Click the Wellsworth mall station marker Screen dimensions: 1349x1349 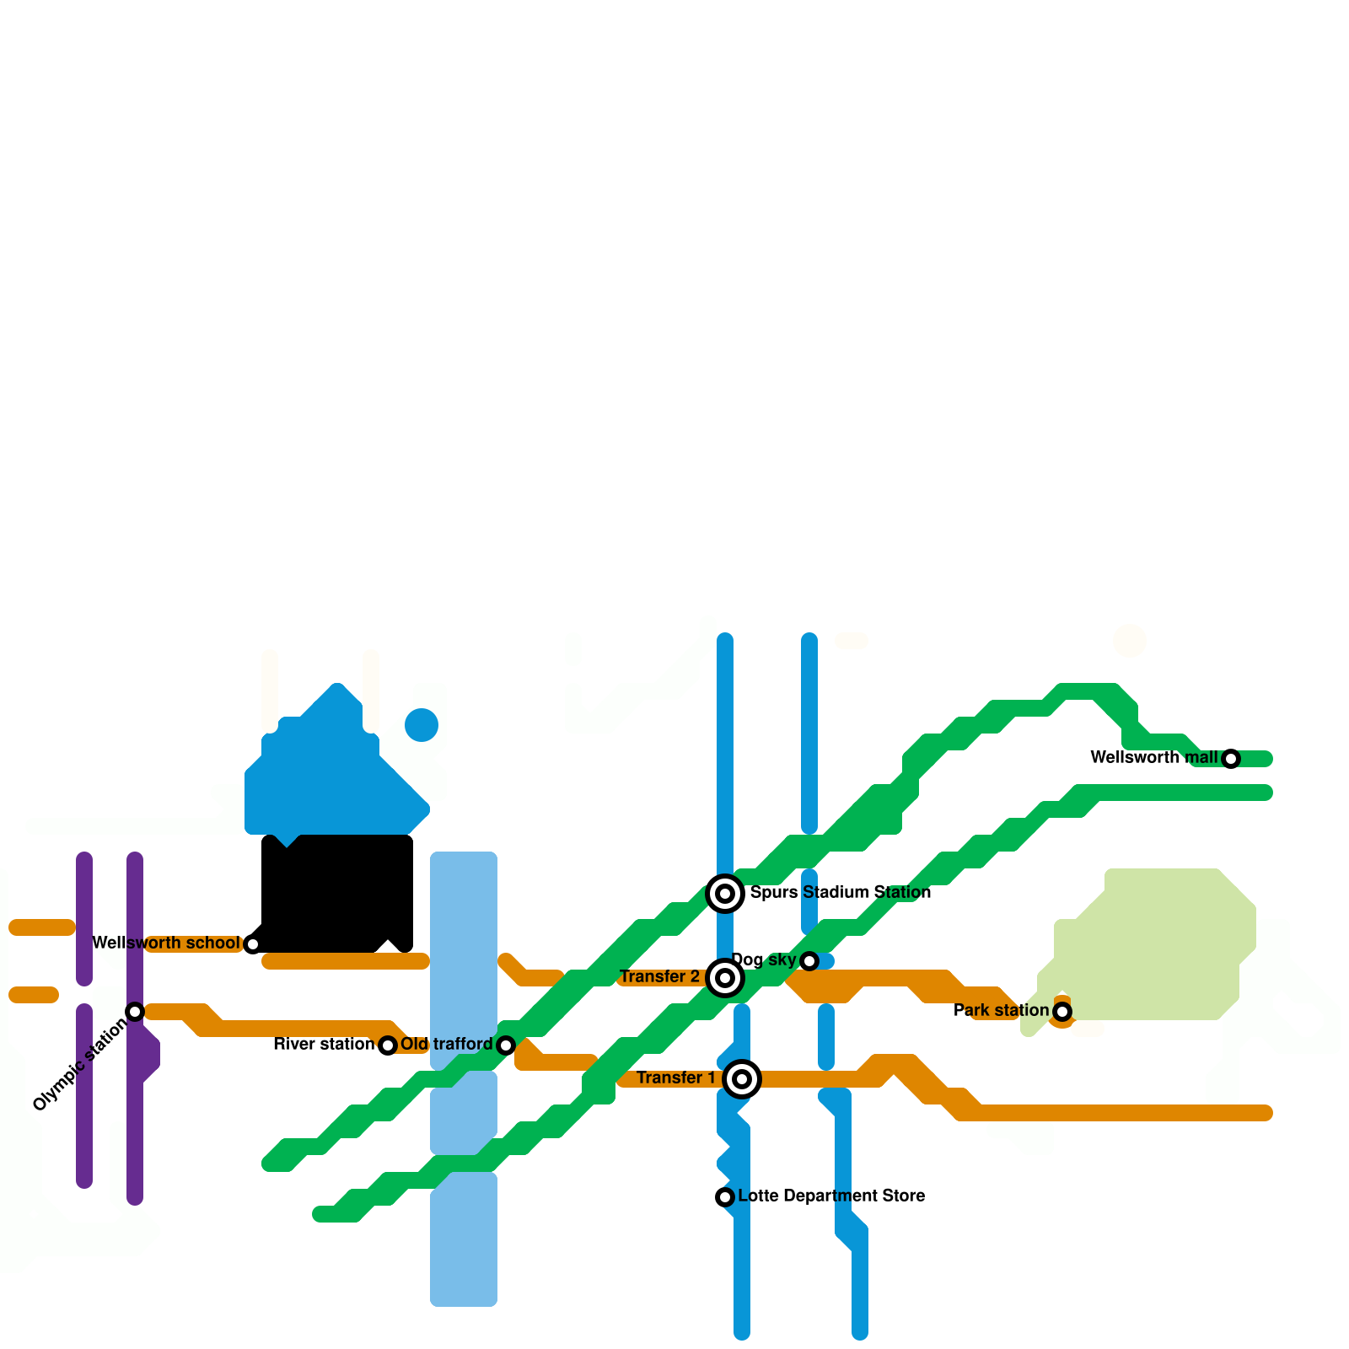click(x=1231, y=759)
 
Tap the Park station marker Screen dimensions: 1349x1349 click(x=1062, y=1011)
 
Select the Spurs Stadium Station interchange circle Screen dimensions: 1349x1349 click(x=725, y=894)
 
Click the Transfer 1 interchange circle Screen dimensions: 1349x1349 click(x=742, y=1079)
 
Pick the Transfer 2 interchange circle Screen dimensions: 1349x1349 click(x=725, y=978)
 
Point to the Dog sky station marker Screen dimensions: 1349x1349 click(x=809, y=961)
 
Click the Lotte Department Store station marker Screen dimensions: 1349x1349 click(x=725, y=1197)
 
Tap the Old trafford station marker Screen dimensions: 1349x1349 click(x=506, y=1045)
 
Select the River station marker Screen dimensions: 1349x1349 click(x=388, y=1045)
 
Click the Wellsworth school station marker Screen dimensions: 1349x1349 click(x=252, y=944)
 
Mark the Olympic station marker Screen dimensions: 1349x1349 click(x=135, y=1012)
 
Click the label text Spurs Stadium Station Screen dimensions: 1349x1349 click(x=841, y=892)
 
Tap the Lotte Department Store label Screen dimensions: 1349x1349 click(x=831, y=1196)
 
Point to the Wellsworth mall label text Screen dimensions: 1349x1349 click(x=1153, y=757)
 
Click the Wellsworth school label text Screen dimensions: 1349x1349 click(x=166, y=943)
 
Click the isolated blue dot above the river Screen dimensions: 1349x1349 click(x=422, y=725)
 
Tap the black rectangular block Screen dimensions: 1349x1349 click(x=337, y=894)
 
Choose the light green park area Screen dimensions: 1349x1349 click(x=1155, y=944)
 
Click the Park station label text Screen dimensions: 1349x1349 click(x=1001, y=1010)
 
